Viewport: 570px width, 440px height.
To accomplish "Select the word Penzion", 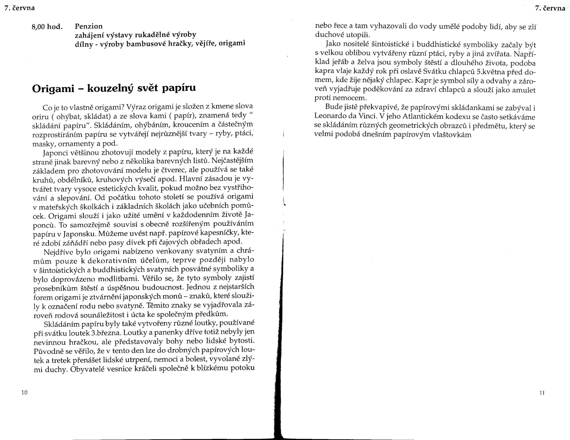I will tap(89, 26).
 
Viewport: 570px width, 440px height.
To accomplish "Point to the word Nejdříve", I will tap(58, 252).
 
